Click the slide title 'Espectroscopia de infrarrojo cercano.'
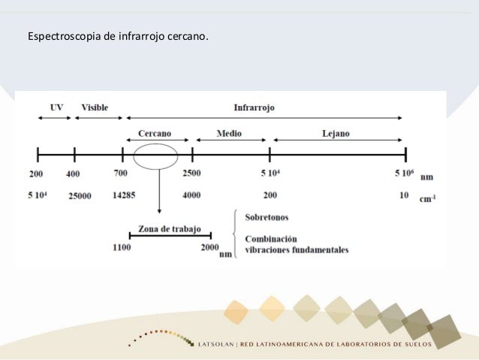click(117, 35)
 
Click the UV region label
click(56, 107)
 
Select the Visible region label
click(95, 107)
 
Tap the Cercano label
click(155, 133)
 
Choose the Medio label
click(229, 133)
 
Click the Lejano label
click(336, 133)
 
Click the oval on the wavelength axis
click(155, 156)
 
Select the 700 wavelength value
click(122, 174)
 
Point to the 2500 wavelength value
click(191, 174)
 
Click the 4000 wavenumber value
click(191, 195)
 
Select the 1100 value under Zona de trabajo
click(122, 247)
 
